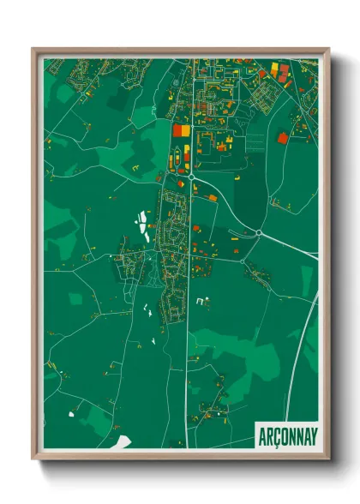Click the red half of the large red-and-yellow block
(x=178, y=130)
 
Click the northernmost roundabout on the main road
(x=189, y=176)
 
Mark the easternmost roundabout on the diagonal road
(x=258, y=232)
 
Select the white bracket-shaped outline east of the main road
(x=202, y=302)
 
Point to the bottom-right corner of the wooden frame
(x=328, y=458)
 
